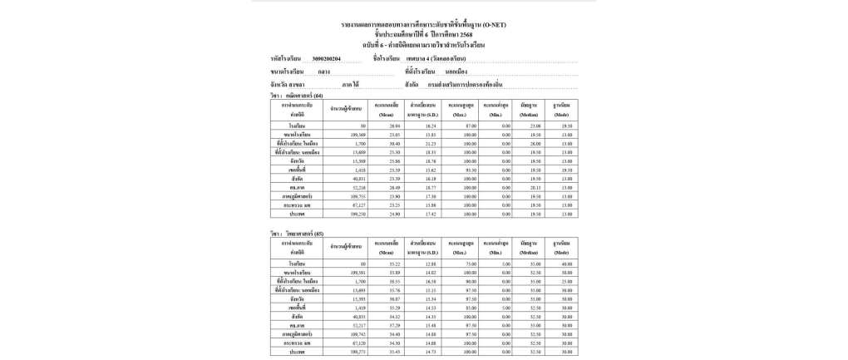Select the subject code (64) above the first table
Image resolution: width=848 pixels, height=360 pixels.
tap(318, 96)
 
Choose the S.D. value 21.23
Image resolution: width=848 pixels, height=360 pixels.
tap(428, 142)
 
